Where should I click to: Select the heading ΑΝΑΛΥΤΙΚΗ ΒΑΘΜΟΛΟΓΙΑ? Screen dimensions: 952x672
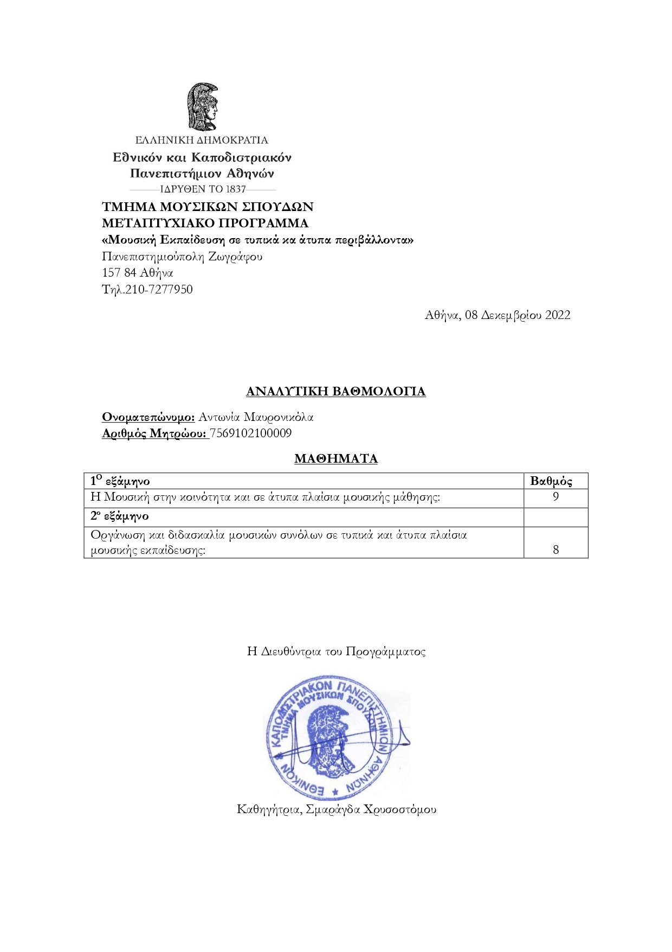pyautogui.click(x=335, y=392)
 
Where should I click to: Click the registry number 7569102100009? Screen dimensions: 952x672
pyautogui.click(x=251, y=433)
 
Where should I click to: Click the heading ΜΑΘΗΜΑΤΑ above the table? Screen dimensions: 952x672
pyautogui.click(x=335, y=459)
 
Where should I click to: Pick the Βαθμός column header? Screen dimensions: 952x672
pyautogui.click(x=551, y=481)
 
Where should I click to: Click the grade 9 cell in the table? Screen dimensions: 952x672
pyautogui.click(x=555, y=496)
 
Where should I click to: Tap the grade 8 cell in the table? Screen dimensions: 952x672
pyautogui.click(x=555, y=550)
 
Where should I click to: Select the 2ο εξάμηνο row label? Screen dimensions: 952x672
pyautogui.click(x=119, y=516)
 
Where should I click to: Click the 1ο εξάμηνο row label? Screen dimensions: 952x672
pyautogui.click(x=120, y=481)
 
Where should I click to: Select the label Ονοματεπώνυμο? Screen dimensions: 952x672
pyautogui.click(x=148, y=417)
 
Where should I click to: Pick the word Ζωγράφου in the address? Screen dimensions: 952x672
pyautogui.click(x=235, y=257)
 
